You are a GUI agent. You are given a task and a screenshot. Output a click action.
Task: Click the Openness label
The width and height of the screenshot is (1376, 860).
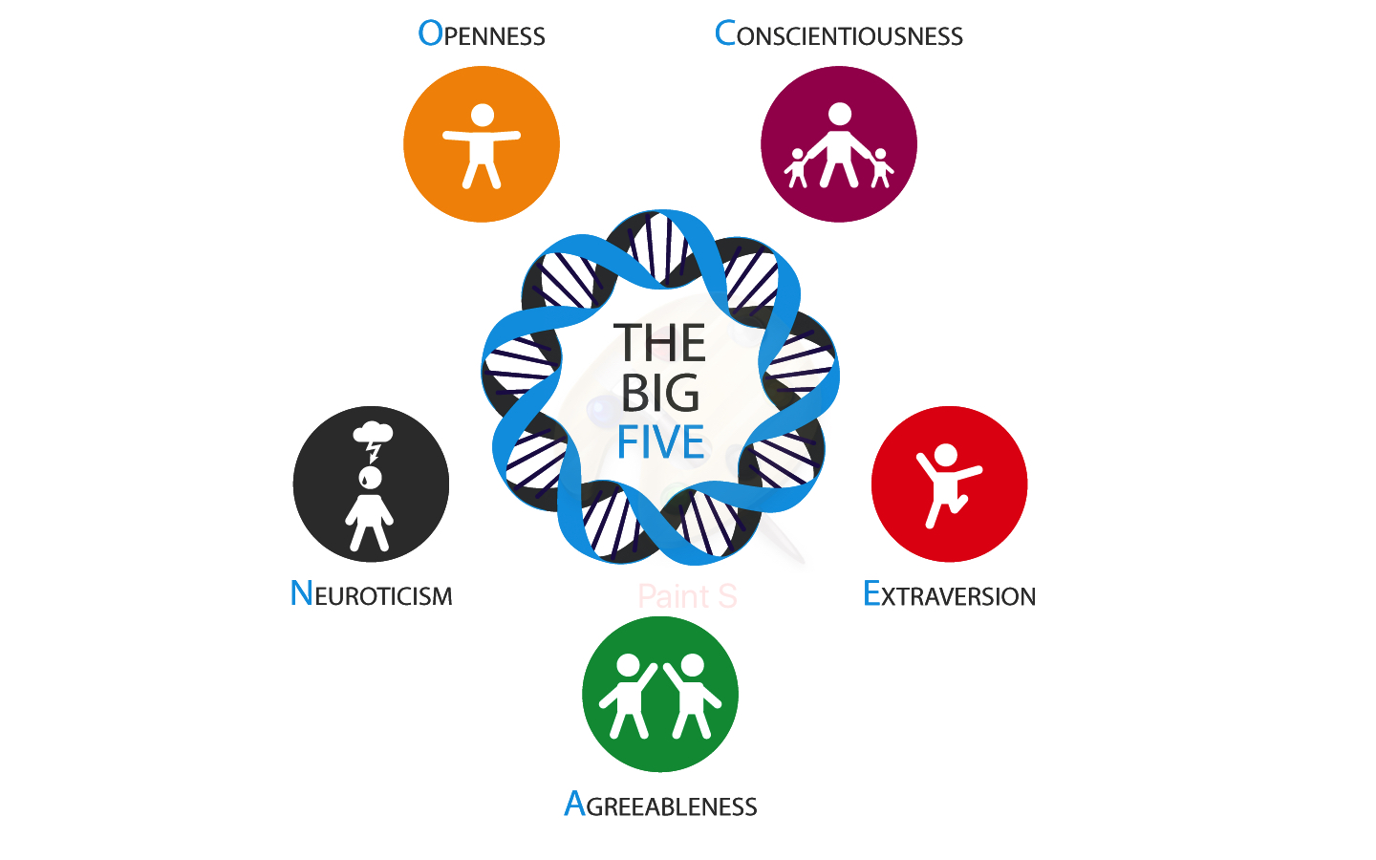pyautogui.click(x=482, y=34)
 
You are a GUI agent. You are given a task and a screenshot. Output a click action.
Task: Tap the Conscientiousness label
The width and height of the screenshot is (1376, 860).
pyautogui.click(x=839, y=34)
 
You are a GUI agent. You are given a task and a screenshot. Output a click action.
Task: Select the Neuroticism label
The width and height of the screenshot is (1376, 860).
pyautogui.click(x=371, y=594)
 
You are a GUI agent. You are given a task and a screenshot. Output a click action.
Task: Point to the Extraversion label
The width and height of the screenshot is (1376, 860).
pyautogui.click(x=949, y=594)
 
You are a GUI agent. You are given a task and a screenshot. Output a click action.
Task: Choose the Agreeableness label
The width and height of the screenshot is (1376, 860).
pyautogui.click(x=660, y=805)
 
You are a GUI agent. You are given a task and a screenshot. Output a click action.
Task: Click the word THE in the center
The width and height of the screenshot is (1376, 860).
pyautogui.click(x=660, y=343)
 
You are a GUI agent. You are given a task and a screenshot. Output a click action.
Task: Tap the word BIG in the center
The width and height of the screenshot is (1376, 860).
pyautogui.click(x=660, y=393)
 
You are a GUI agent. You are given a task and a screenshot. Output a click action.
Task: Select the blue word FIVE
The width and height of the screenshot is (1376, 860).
pyautogui.click(x=660, y=442)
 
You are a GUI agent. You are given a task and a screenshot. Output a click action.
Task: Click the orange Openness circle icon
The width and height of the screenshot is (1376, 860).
pyautogui.click(x=482, y=144)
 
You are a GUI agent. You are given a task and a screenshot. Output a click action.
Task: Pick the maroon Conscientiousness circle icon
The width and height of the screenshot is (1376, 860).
pyautogui.click(x=839, y=144)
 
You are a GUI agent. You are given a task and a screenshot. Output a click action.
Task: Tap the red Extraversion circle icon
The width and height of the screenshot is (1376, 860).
pyautogui.click(x=949, y=484)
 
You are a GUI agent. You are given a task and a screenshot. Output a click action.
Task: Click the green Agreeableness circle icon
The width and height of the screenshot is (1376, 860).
pyautogui.click(x=660, y=694)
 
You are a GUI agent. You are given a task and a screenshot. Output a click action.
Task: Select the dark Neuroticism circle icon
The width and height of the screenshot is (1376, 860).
pyautogui.click(x=371, y=484)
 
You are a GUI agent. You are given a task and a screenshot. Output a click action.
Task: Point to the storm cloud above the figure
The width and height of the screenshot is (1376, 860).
pyautogui.click(x=373, y=433)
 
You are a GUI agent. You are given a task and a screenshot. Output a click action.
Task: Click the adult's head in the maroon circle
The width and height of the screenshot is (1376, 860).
pyautogui.click(x=840, y=115)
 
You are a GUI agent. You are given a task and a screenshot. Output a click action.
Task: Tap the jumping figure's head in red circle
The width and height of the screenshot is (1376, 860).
pyautogui.click(x=946, y=455)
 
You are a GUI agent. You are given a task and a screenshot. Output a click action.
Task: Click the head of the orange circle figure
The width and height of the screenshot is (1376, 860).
pyautogui.click(x=483, y=116)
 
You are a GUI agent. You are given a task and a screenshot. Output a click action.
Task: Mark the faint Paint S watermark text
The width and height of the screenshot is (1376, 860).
pyautogui.click(x=687, y=596)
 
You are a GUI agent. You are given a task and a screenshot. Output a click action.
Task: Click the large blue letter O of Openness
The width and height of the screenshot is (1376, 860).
pyautogui.click(x=431, y=33)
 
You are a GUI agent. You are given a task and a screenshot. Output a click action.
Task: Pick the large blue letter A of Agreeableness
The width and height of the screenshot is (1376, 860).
pyautogui.click(x=574, y=804)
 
